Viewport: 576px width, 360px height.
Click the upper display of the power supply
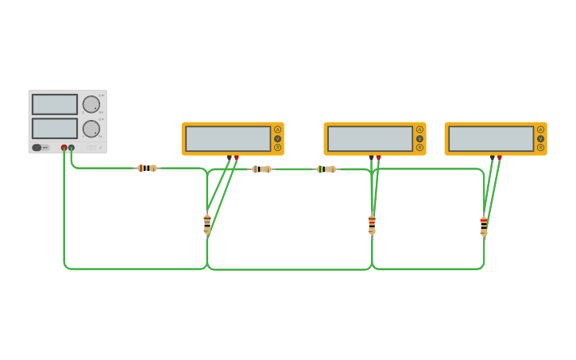(55, 104)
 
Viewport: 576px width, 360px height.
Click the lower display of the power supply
(55, 128)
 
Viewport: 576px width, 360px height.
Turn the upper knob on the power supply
(91, 104)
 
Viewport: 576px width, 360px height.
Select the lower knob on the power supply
(91, 128)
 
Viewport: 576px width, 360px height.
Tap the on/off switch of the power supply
(37, 147)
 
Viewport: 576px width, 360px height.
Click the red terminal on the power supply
(64, 147)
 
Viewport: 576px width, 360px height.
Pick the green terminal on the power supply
(72, 147)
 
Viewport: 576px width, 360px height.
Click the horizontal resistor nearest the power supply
(147, 168)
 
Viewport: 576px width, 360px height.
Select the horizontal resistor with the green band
(326, 168)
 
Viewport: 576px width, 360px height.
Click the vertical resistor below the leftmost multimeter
(207, 224)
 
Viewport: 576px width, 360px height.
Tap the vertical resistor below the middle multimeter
(372, 224)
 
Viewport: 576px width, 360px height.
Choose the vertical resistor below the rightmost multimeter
(484, 226)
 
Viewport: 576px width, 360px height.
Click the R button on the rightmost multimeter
(540, 147)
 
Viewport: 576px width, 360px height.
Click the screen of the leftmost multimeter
(228, 138)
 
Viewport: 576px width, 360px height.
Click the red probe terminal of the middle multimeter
(379, 157)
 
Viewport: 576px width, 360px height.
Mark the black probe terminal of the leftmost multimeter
(230, 157)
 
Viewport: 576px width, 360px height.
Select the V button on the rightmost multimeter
(540, 138)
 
